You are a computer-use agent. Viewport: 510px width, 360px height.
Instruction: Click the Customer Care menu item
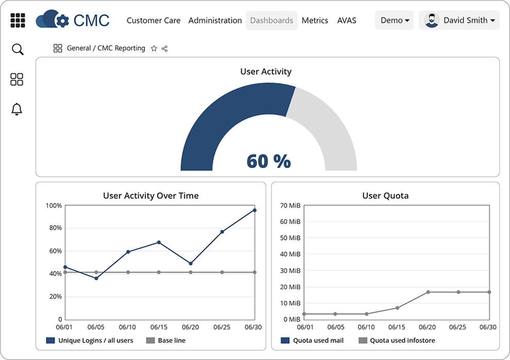154,21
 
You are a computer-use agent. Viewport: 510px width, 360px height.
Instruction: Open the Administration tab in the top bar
215,21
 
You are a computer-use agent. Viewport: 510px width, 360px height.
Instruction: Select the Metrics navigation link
315,21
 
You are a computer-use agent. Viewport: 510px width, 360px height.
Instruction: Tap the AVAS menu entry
347,21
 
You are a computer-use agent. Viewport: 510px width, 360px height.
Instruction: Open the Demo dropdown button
395,21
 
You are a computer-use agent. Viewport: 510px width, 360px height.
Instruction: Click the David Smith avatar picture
432,21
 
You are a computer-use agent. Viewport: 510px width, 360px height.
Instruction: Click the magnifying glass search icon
18,49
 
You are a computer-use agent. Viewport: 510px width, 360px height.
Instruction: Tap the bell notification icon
17,109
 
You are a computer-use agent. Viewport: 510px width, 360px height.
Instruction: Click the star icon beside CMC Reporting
154,48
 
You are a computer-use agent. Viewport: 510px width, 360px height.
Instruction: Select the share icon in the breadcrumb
165,48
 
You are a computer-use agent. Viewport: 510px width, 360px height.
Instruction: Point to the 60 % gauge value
268,161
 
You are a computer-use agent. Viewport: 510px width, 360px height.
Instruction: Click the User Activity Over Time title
150,196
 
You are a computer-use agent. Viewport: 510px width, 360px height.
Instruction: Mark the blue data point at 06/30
254,210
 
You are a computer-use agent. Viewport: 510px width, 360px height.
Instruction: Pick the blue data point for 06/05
96,278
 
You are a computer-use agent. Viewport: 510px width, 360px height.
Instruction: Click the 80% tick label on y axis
54,228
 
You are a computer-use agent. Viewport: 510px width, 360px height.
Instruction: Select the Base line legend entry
166,340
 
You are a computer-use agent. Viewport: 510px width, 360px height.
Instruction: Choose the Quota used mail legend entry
312,340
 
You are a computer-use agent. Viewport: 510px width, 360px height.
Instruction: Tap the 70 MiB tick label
291,206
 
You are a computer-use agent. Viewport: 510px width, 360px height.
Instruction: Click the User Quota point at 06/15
397,308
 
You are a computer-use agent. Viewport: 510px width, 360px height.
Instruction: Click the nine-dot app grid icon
18,21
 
